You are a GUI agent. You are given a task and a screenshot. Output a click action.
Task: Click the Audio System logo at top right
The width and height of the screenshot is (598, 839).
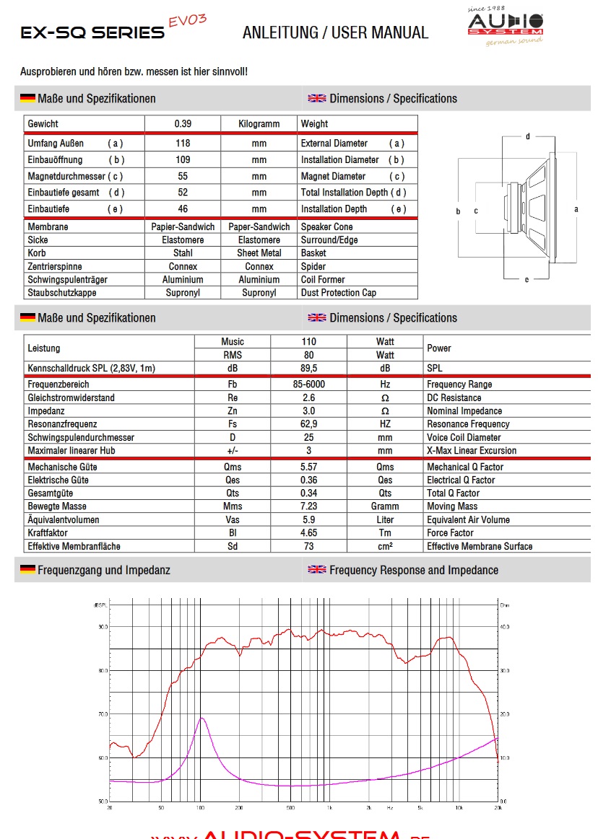click(x=505, y=27)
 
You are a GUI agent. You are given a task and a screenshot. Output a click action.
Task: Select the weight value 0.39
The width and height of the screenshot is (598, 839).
click(x=183, y=124)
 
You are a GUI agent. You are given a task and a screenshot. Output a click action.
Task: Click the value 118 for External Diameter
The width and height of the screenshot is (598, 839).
click(x=183, y=144)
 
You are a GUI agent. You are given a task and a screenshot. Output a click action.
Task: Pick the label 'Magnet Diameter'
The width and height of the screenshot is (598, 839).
click(x=333, y=176)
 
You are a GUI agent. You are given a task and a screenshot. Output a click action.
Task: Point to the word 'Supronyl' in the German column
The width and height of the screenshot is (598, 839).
click(x=183, y=293)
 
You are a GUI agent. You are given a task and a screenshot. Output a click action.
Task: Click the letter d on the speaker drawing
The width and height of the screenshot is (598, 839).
click(x=528, y=136)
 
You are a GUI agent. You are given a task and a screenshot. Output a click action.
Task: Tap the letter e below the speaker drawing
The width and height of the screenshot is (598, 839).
click(x=526, y=280)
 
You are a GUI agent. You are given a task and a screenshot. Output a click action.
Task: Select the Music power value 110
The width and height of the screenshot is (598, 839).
click(x=309, y=342)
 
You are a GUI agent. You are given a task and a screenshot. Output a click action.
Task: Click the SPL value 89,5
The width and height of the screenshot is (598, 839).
click(x=309, y=369)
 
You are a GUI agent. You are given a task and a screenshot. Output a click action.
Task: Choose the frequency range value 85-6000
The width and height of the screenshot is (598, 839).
click(x=309, y=385)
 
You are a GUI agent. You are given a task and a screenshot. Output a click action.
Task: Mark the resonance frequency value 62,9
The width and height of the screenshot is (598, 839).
click(x=309, y=424)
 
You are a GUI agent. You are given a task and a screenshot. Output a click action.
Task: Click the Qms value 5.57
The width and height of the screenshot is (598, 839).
click(x=309, y=467)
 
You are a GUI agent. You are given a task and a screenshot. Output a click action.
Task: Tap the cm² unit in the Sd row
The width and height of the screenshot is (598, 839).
click(x=385, y=546)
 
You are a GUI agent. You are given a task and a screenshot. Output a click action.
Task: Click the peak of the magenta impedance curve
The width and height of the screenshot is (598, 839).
click(x=202, y=718)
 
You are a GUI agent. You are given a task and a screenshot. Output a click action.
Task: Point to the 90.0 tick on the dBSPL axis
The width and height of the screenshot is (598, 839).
click(x=103, y=627)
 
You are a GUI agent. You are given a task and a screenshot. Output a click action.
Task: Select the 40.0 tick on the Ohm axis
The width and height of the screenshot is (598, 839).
click(x=505, y=627)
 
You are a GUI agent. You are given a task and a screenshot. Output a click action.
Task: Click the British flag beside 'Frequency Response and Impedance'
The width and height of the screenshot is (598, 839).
click(x=317, y=570)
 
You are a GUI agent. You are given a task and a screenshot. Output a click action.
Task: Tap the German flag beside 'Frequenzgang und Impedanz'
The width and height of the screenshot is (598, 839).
click(x=27, y=570)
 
